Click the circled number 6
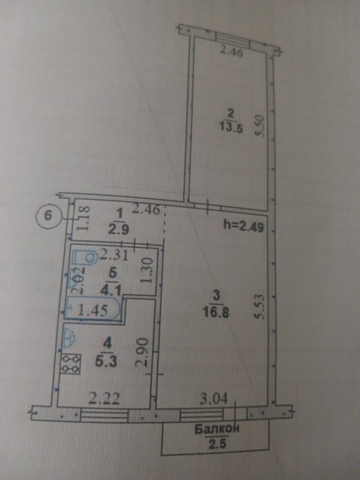tap(48, 216)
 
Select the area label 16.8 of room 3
tap(216, 313)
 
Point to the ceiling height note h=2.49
tap(244, 226)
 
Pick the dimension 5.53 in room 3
tap(259, 307)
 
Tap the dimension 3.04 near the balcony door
tap(214, 399)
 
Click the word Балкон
tap(217, 429)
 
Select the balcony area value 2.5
tap(217, 443)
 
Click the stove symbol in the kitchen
tap(71, 364)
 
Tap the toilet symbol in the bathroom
tap(85, 258)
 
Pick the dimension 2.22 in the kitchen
tap(104, 399)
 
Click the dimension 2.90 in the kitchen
tap(143, 352)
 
